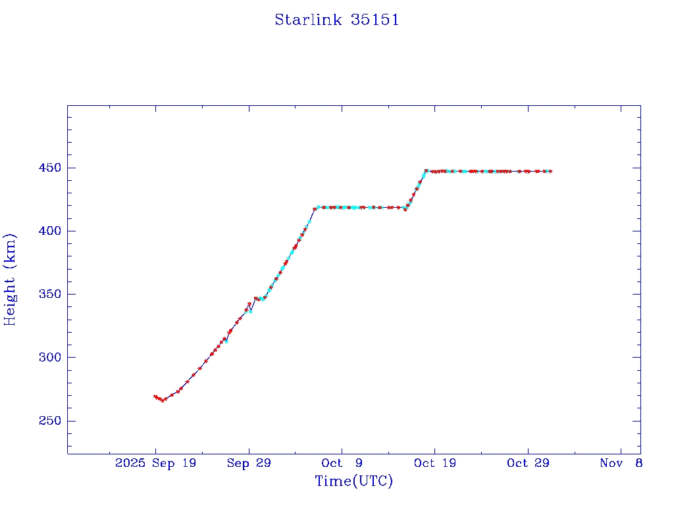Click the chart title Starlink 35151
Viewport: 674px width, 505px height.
(x=337, y=20)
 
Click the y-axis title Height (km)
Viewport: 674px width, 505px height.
(x=10, y=279)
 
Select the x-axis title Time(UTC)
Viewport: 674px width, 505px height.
(x=354, y=481)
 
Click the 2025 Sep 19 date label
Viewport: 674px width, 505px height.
(x=155, y=464)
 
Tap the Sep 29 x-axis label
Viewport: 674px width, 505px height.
(x=248, y=464)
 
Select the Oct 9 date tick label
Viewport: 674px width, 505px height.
(x=342, y=464)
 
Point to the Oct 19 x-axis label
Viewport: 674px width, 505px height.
(x=435, y=464)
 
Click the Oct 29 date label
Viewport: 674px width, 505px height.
(x=529, y=464)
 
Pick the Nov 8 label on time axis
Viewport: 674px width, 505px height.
(x=621, y=464)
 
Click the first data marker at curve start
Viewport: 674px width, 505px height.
(x=155, y=397)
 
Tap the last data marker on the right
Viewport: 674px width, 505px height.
(x=550, y=171)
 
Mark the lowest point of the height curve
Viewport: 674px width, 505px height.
(x=163, y=400)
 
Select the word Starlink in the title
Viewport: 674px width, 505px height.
(x=308, y=20)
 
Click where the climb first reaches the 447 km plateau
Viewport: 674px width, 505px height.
(x=426, y=171)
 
